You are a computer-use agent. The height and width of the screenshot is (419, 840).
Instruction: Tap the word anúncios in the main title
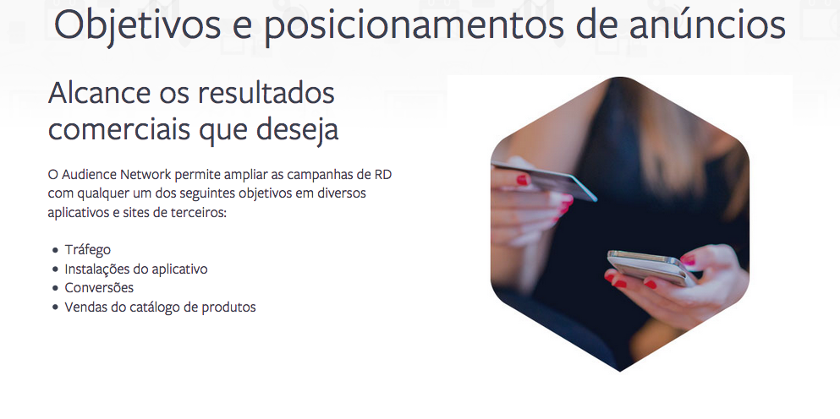pos(707,24)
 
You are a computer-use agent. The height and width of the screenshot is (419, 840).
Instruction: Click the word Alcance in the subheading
pos(99,93)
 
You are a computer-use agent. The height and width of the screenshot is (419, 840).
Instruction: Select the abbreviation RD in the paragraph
pos(383,175)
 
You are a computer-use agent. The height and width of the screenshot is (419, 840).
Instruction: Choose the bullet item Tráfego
pos(87,250)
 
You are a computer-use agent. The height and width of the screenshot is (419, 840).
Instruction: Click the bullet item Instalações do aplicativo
pos(136,269)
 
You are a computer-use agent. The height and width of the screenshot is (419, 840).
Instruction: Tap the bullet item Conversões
pos(99,288)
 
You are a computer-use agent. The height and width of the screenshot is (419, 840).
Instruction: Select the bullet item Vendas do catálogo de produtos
pos(160,307)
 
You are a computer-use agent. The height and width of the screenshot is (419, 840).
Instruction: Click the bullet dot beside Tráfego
pos(55,250)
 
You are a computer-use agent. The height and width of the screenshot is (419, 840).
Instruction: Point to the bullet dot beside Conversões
pos(55,288)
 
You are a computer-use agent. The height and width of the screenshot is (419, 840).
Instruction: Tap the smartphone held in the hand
pos(651,268)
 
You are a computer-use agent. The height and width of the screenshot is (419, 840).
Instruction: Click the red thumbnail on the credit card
pos(522,179)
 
